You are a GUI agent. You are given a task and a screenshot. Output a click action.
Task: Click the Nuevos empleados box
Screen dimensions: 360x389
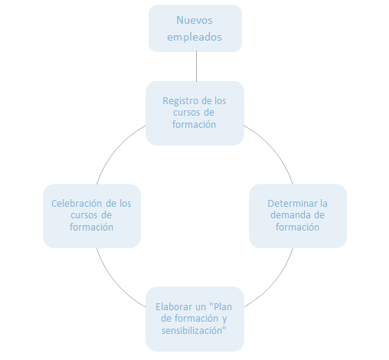tap(195, 28)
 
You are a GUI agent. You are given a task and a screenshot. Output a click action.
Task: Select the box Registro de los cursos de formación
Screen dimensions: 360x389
tap(194, 113)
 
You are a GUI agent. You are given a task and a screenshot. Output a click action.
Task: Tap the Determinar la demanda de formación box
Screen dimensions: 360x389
tap(298, 215)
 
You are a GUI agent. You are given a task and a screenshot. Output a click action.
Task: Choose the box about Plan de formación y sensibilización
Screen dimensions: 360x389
tap(194, 318)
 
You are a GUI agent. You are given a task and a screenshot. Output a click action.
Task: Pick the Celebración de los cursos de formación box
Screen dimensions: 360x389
tap(92, 215)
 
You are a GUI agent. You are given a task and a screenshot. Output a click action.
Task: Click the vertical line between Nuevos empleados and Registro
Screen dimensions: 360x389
tap(196, 67)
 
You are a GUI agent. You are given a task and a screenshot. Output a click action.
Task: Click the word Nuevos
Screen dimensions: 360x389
tap(195, 21)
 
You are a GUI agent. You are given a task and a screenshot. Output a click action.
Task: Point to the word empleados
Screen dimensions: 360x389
tap(195, 36)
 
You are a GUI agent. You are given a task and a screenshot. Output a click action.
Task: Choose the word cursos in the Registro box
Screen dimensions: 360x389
tap(188, 113)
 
